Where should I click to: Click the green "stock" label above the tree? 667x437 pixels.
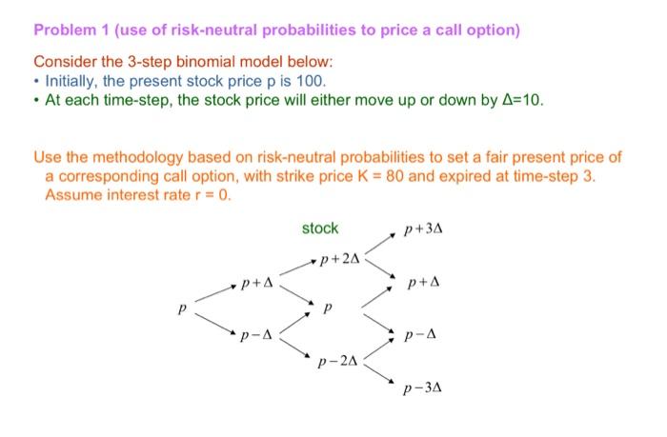(x=319, y=228)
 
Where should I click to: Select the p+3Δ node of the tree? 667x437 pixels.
(x=424, y=229)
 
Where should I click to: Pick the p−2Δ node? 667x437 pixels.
(x=341, y=361)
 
